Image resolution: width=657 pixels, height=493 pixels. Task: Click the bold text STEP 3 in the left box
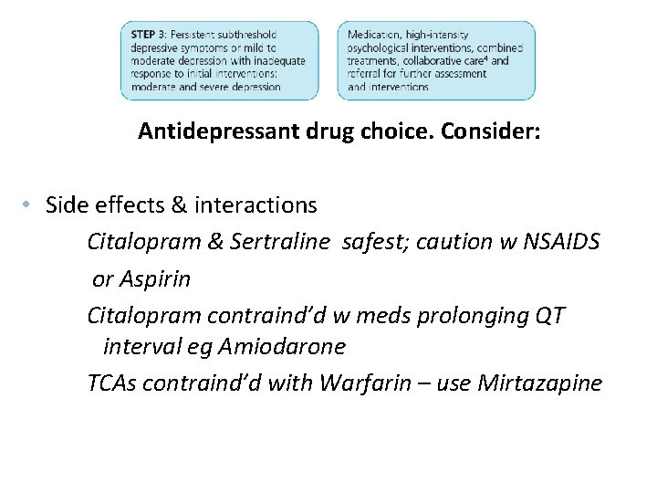click(147, 35)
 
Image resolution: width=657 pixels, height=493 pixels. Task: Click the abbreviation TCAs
click(111, 383)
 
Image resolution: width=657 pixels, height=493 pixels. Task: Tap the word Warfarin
click(361, 383)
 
